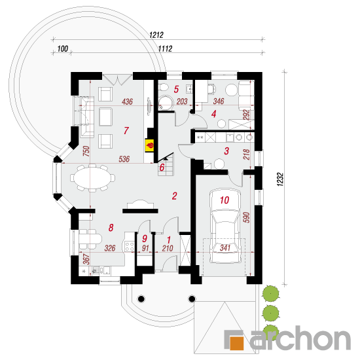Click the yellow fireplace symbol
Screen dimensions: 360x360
[149, 145]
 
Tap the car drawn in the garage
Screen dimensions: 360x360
[225, 226]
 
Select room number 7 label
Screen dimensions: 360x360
[126, 131]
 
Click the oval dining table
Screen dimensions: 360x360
[92, 177]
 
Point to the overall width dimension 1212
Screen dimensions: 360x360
[156, 35]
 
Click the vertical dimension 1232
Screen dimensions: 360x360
[280, 179]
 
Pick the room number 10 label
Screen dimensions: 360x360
[225, 200]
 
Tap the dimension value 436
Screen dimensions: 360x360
[127, 101]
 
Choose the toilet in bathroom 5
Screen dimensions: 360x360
[164, 88]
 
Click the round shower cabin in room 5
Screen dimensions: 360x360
[166, 103]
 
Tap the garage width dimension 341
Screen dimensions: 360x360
[225, 248]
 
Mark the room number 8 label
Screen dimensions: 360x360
[111, 228]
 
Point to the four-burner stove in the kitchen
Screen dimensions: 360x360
[129, 246]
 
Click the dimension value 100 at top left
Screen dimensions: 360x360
[62, 48]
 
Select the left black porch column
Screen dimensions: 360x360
[141, 298]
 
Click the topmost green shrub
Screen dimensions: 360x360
[271, 293]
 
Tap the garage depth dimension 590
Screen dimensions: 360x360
[247, 217]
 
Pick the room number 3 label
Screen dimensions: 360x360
[226, 151]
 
